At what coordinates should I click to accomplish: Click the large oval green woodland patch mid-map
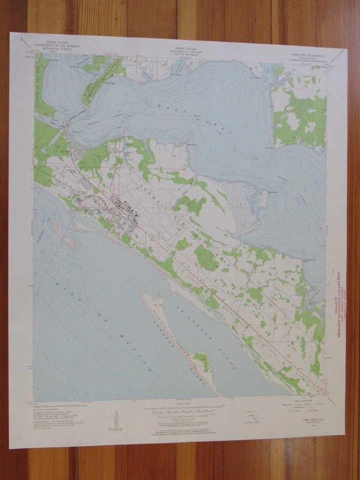click(206, 257)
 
